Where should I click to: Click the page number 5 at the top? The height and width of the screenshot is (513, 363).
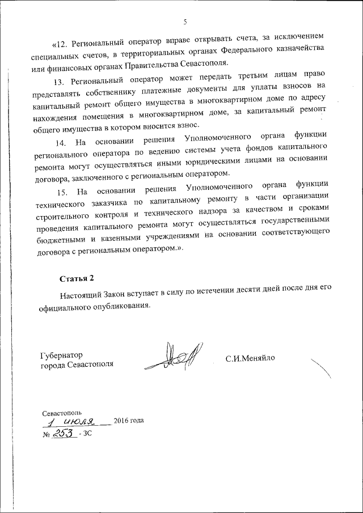tap(185, 22)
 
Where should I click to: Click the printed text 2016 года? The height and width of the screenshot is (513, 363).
tap(129, 421)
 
